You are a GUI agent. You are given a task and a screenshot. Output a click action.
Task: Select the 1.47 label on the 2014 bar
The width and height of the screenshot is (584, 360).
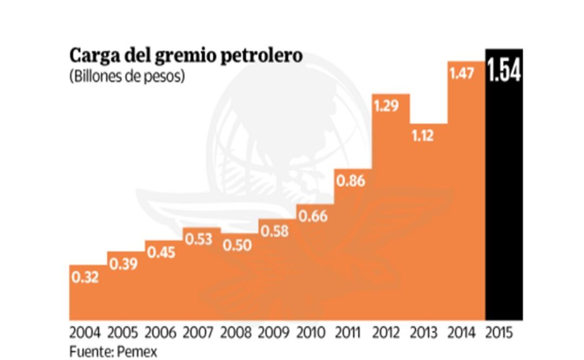coord(462,74)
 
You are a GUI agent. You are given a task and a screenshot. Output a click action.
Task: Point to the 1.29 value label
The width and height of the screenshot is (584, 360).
coord(386,105)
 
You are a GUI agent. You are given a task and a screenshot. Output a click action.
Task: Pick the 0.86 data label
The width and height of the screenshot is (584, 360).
coord(351,181)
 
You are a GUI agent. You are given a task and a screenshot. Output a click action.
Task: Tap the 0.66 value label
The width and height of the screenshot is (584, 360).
coord(313,215)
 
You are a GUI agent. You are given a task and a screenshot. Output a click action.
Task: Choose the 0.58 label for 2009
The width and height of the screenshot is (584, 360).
coord(275,231)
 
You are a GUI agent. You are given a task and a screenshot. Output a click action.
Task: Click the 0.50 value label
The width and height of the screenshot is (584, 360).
coord(237,245)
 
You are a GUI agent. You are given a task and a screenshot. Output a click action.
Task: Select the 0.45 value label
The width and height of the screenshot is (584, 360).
coord(162,252)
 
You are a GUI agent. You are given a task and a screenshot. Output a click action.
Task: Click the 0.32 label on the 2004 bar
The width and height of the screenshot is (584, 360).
coord(85,278)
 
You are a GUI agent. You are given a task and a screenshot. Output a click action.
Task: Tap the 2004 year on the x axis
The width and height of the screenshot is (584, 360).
coord(85,331)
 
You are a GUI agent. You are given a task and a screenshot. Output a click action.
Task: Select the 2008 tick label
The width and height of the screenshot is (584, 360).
coord(237,331)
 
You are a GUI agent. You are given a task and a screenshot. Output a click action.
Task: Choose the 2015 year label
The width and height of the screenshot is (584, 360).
coord(501,331)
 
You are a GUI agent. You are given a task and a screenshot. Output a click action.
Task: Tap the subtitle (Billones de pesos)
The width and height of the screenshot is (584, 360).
coord(127,77)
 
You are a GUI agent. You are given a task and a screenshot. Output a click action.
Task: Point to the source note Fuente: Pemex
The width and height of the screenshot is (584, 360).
coord(113,351)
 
